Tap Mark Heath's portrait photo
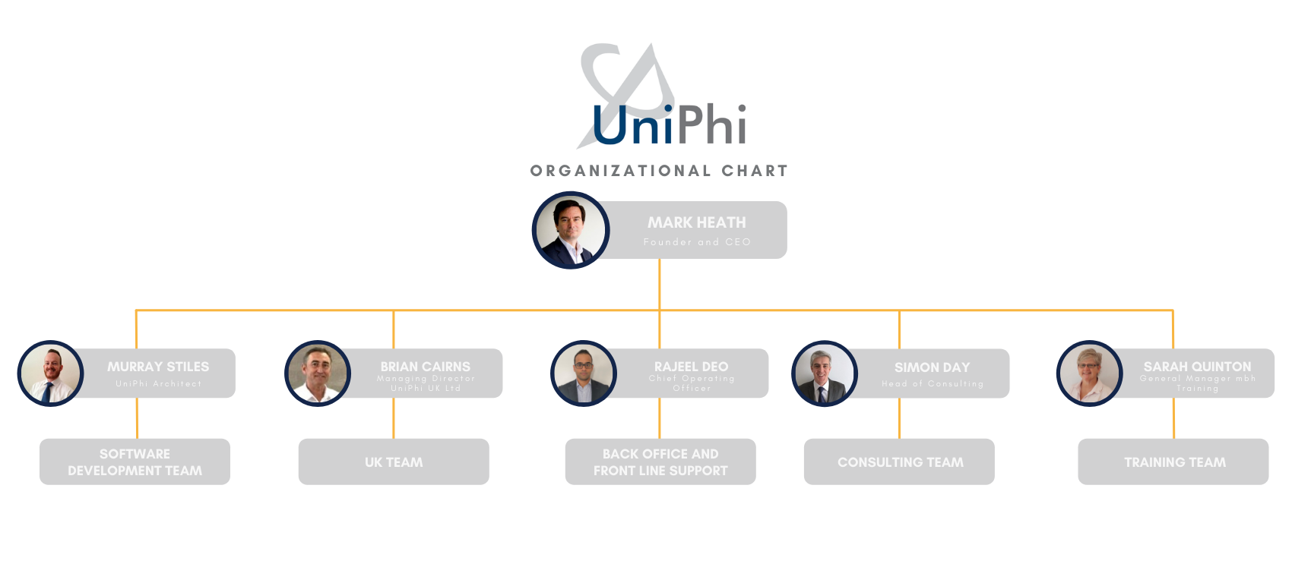[571, 230]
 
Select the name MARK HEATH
[696, 222]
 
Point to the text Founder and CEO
[696, 242]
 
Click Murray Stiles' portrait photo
[50, 373]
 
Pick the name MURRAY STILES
[158, 367]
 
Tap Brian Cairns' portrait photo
[316, 373]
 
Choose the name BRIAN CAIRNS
[425, 367]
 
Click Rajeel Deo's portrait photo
[583, 373]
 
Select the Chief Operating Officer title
[692, 383]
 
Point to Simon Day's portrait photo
[822, 374]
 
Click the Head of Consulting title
[933, 384]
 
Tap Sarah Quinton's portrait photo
[1088, 373]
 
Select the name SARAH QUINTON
[1197, 367]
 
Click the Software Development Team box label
[135, 462]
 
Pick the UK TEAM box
[394, 462]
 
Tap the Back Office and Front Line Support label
[660, 462]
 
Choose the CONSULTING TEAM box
[900, 462]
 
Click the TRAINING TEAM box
[1174, 462]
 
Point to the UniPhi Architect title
[158, 384]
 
